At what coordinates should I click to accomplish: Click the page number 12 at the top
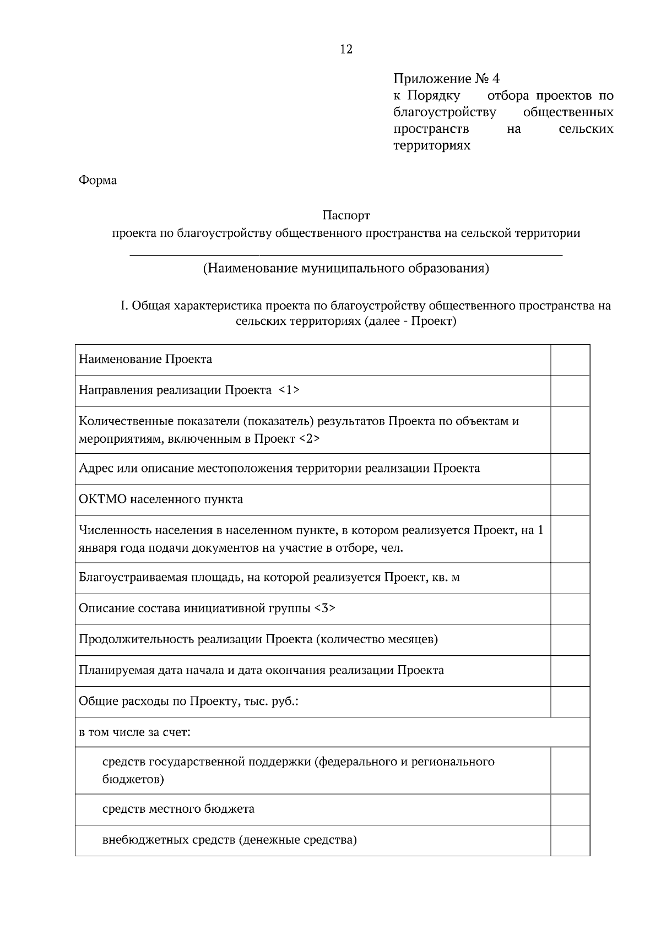click(346, 50)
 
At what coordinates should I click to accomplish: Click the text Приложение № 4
click(446, 79)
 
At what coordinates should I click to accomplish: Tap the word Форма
click(97, 180)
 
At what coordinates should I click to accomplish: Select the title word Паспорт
click(346, 215)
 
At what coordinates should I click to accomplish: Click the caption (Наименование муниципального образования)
click(346, 269)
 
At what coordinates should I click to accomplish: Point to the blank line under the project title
click(346, 255)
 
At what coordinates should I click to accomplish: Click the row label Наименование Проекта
click(145, 360)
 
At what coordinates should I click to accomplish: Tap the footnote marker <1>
click(289, 390)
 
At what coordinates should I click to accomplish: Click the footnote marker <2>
click(309, 439)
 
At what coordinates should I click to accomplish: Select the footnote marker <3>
click(324, 608)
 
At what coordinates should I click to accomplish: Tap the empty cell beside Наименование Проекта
click(570, 360)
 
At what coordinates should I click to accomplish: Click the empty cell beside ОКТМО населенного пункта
click(570, 500)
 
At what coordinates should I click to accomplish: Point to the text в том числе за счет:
click(134, 732)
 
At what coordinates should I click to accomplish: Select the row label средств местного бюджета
click(178, 809)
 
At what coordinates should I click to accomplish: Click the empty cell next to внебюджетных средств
click(570, 840)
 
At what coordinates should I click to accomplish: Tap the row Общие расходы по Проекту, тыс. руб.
click(188, 702)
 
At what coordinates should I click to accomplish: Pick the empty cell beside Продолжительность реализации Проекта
click(570, 640)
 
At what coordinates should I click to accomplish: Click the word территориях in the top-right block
click(432, 146)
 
